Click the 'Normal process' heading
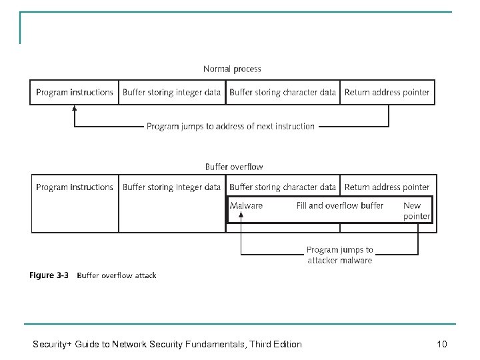tap(232, 69)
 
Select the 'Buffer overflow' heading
tap(233, 167)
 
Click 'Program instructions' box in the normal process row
tap(74, 93)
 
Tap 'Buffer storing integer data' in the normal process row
tap(171, 93)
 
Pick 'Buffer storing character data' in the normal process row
tap(283, 93)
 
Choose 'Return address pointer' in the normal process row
tap(387, 93)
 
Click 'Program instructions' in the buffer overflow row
tap(74, 187)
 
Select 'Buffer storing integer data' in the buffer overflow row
tap(171, 187)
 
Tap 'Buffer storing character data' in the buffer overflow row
tap(283, 187)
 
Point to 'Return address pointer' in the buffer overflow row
tap(387, 187)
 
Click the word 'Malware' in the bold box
tap(246, 206)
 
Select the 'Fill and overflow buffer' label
tap(340, 206)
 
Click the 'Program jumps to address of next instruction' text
tap(231, 126)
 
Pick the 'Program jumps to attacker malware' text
tap(339, 255)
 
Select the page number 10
tap(441, 344)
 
